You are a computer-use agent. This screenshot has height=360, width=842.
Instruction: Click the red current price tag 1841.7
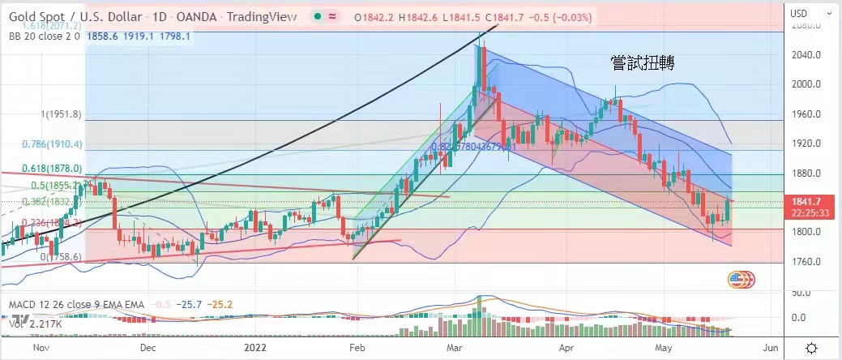(810, 202)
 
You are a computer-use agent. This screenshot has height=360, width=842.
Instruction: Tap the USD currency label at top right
(800, 13)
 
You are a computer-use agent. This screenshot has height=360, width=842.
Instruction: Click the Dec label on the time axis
(147, 346)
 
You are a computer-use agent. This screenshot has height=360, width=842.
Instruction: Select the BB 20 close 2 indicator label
(41, 36)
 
